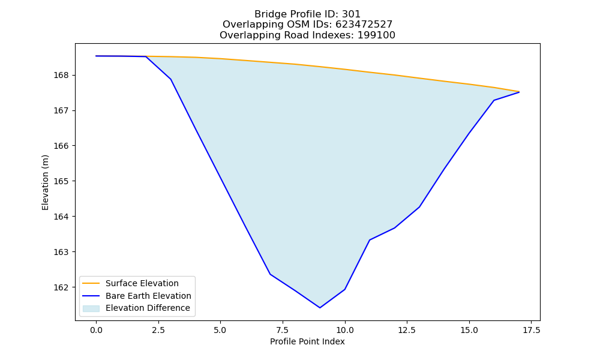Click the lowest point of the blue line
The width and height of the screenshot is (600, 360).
320,308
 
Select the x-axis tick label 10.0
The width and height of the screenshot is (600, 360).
345,330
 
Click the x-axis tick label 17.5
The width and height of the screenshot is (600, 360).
531,330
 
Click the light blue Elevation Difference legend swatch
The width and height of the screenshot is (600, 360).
91,308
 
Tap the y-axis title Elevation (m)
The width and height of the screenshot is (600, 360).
45,182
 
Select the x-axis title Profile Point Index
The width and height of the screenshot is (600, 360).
307,341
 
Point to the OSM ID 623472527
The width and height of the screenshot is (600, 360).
364,25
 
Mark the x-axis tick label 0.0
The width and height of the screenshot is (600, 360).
96,330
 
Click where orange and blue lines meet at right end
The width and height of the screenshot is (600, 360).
519,92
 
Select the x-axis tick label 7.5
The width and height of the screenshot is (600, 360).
283,330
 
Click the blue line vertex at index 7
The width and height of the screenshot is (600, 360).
270,274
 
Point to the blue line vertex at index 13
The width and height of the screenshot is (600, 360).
419,207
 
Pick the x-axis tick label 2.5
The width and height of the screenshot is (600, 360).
158,330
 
